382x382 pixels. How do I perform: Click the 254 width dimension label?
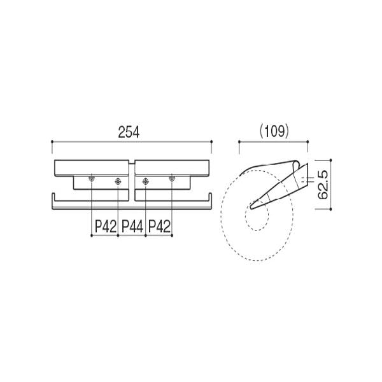pos(129,132)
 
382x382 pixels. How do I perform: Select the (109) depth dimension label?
pos(274,131)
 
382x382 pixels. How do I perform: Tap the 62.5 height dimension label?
pos(323,185)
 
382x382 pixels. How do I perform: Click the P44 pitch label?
pos(132,226)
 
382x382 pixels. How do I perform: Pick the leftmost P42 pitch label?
pos(105,226)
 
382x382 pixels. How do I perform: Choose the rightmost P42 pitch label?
pos(159,226)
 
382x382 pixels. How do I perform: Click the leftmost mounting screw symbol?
pos(91,178)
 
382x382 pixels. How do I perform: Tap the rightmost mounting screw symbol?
pos(172,178)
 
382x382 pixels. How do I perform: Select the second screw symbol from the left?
pos(118,181)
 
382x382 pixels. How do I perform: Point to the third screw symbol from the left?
pos(145,181)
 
